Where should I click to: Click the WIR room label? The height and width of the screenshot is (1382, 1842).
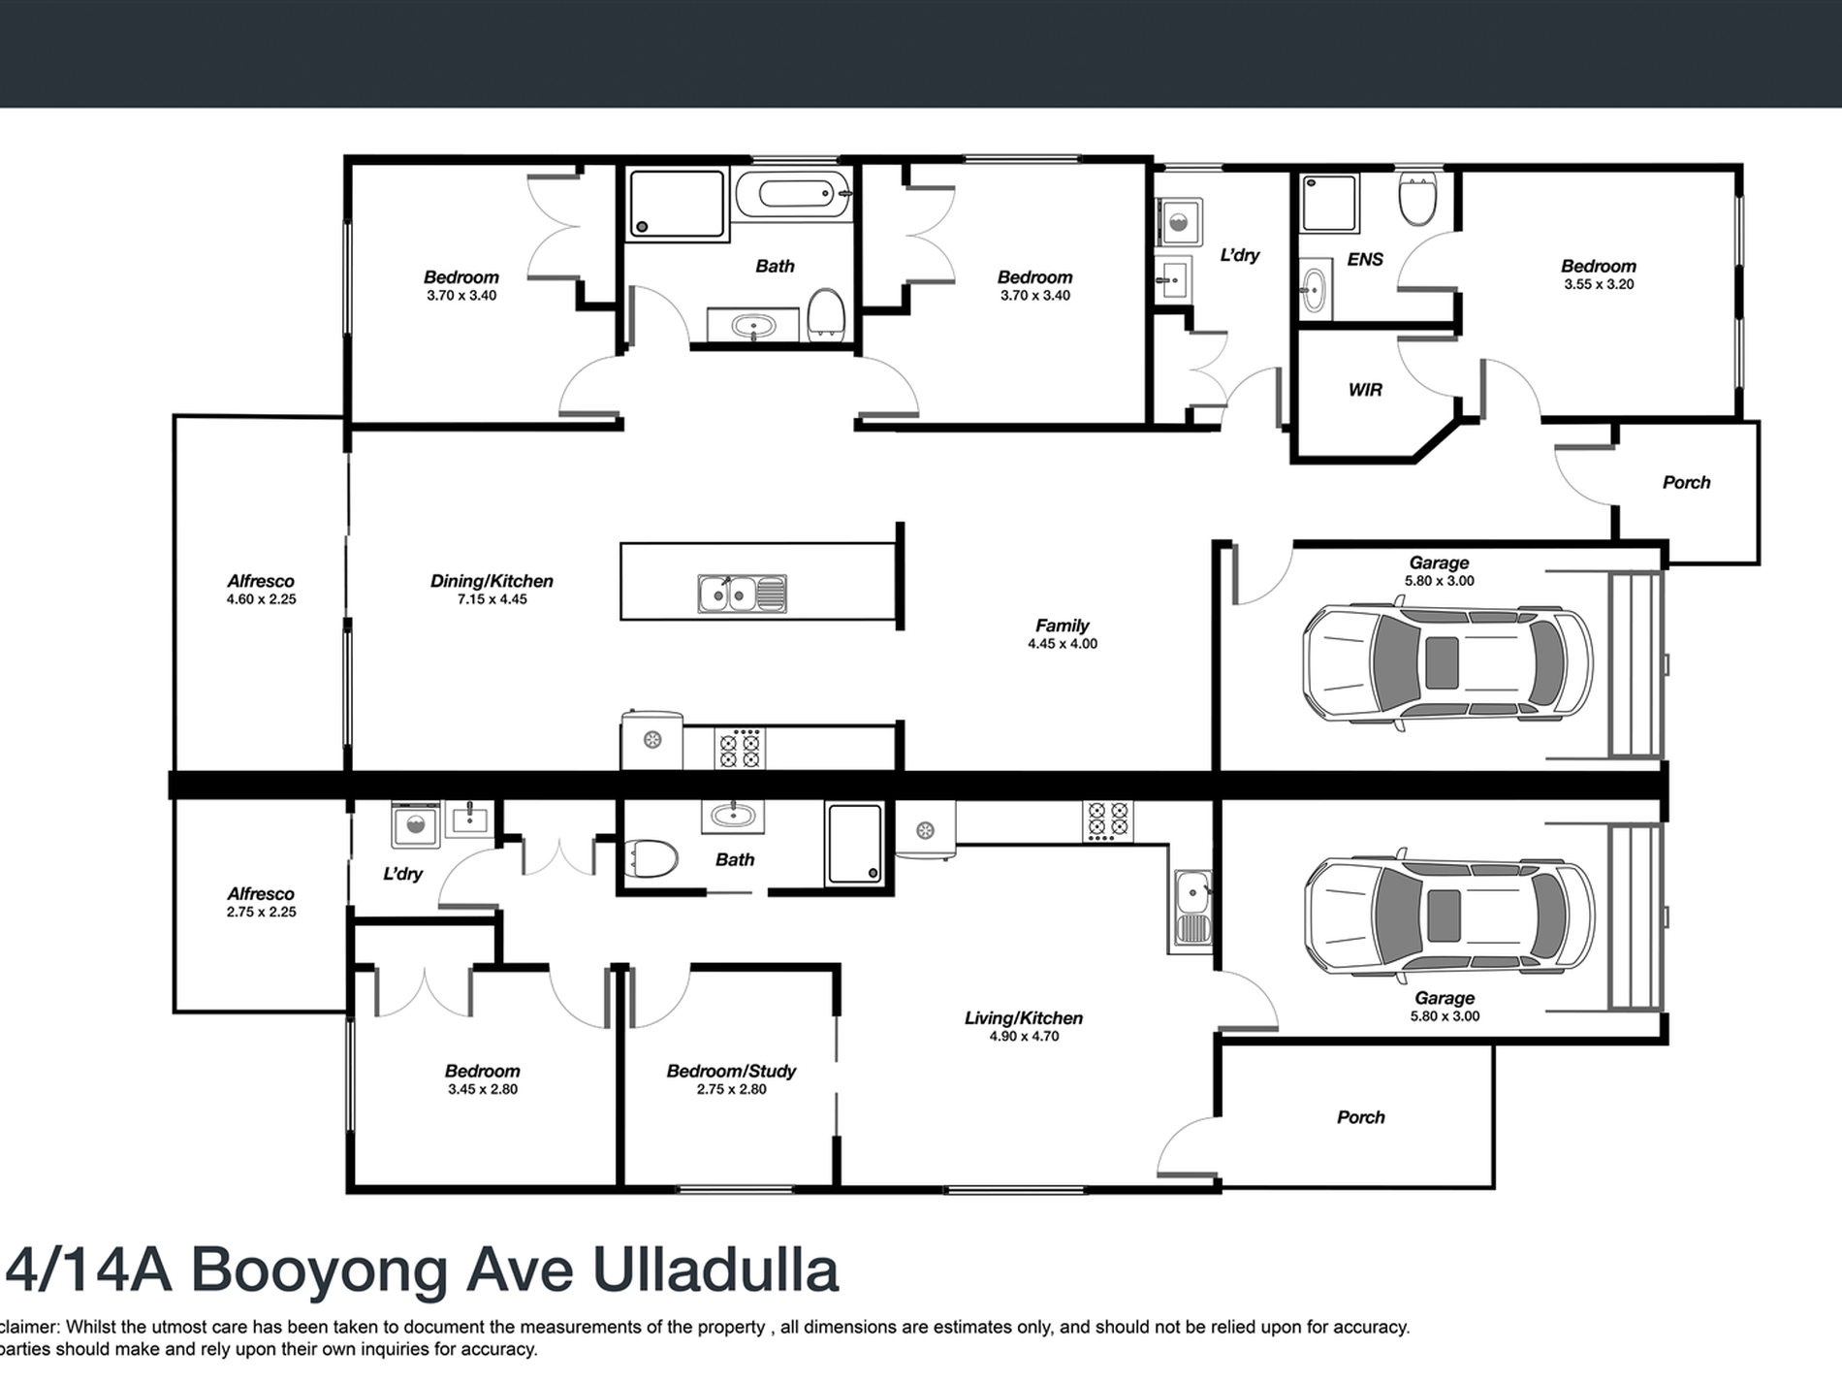pyautogui.click(x=1365, y=390)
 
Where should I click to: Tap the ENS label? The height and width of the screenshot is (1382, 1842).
pyautogui.click(x=1365, y=259)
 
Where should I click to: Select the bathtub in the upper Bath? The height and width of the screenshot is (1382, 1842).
pyautogui.click(x=792, y=195)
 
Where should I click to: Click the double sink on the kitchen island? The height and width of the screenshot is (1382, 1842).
pyautogui.click(x=742, y=593)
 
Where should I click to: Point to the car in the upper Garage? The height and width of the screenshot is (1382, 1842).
pyautogui.click(x=1446, y=664)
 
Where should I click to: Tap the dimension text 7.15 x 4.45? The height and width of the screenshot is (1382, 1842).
pyautogui.click(x=492, y=599)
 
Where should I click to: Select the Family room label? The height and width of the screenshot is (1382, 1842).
pyautogui.click(x=1062, y=626)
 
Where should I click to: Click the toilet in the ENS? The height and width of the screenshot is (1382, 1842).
pyautogui.click(x=1417, y=199)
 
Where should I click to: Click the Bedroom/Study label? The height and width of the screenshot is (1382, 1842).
pyautogui.click(x=731, y=1071)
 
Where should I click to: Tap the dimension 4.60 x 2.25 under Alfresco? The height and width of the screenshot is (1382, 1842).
pyautogui.click(x=261, y=599)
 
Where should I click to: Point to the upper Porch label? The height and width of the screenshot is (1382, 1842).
pyautogui.click(x=1686, y=482)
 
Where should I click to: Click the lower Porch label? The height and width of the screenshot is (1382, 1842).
pyautogui.click(x=1360, y=1117)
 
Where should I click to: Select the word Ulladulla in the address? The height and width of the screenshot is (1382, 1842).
pyautogui.click(x=715, y=1270)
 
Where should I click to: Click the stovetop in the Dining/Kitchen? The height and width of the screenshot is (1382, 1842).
pyautogui.click(x=740, y=748)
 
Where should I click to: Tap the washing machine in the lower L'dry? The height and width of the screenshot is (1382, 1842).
pyautogui.click(x=416, y=826)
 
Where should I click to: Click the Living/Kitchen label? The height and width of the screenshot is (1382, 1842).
pyautogui.click(x=1023, y=1017)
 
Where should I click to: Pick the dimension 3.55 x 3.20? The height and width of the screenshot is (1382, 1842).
pyautogui.click(x=1598, y=284)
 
